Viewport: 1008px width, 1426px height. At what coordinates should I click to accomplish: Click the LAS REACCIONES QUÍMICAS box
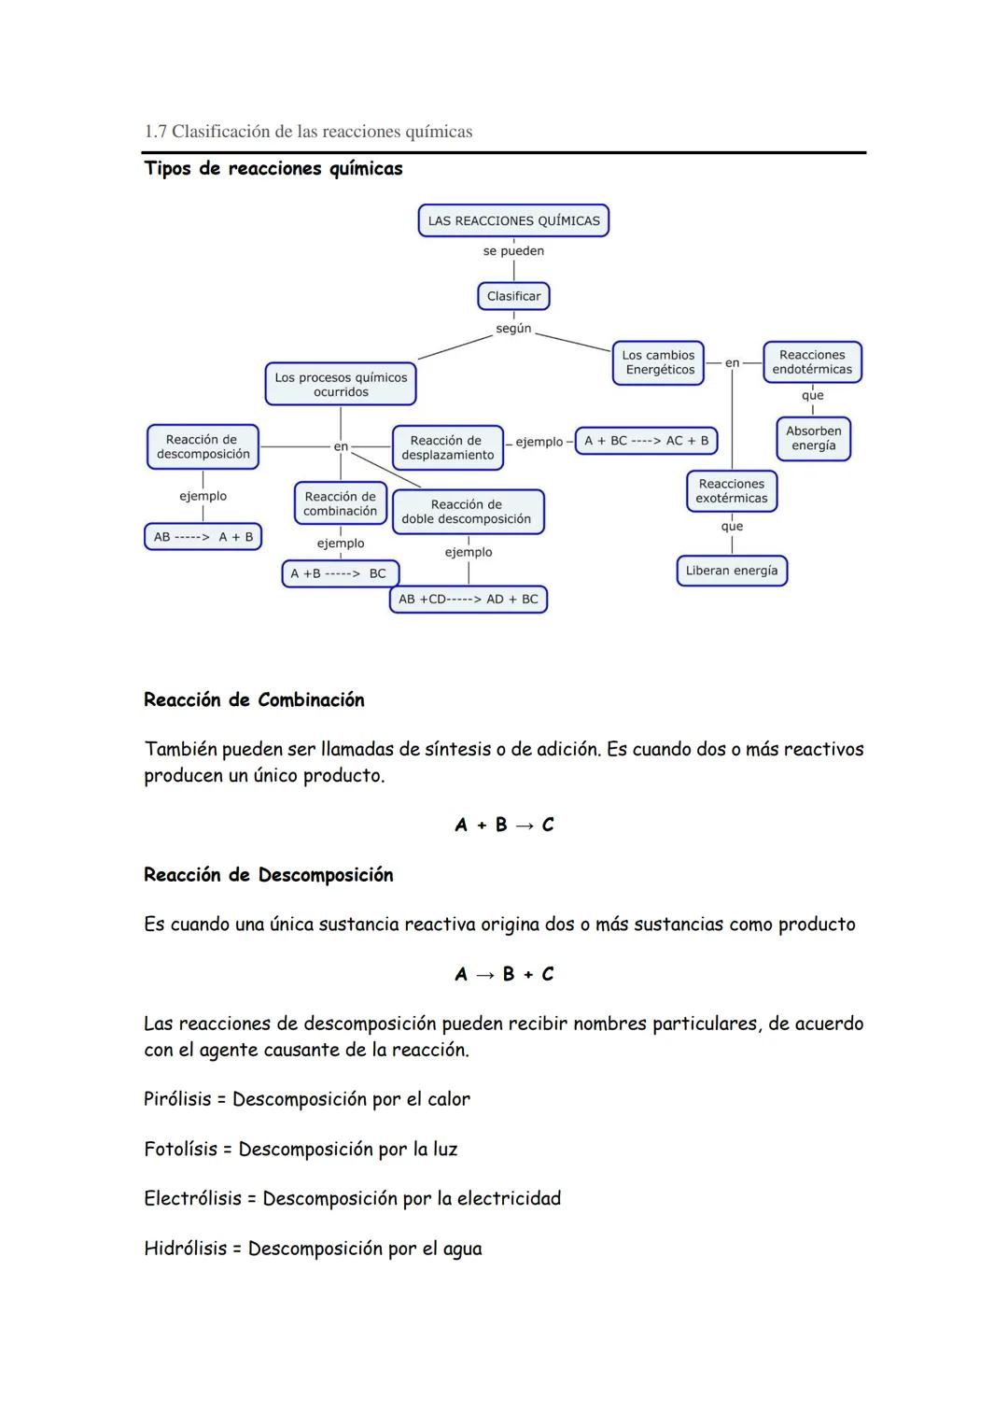coord(513,221)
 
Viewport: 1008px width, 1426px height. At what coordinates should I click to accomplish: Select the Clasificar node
coord(513,296)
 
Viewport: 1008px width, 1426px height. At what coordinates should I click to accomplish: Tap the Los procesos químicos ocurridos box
coord(341,385)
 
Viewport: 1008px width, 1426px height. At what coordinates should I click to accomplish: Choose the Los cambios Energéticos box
coord(659,362)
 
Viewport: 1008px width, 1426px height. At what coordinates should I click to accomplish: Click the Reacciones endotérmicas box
coord(812,362)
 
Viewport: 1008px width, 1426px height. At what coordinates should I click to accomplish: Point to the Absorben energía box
coord(813,438)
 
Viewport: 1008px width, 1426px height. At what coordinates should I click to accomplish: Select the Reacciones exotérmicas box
coord(732,491)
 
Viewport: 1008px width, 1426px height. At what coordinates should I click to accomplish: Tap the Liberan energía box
coord(732,571)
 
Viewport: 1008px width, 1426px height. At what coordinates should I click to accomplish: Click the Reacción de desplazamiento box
coord(447,447)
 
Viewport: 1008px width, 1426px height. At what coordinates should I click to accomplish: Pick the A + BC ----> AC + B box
coord(646,441)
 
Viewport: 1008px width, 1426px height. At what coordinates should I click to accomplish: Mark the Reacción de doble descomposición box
coord(467,512)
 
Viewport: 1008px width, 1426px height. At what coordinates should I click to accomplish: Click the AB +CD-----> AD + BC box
coord(469,600)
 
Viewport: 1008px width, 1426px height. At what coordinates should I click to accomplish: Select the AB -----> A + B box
coord(203,537)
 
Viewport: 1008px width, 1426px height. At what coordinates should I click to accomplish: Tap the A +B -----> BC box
coord(340,573)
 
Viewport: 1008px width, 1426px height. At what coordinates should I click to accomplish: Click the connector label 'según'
coord(513,329)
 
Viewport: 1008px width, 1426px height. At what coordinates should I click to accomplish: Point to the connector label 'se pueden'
coord(513,251)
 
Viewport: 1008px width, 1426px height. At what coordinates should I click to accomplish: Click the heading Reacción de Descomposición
coord(269,875)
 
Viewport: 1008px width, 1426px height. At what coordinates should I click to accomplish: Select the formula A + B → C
coord(504,825)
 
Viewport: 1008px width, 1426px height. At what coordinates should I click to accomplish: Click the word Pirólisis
coord(177,1099)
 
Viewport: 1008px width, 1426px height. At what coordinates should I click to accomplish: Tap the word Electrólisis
coord(192,1198)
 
